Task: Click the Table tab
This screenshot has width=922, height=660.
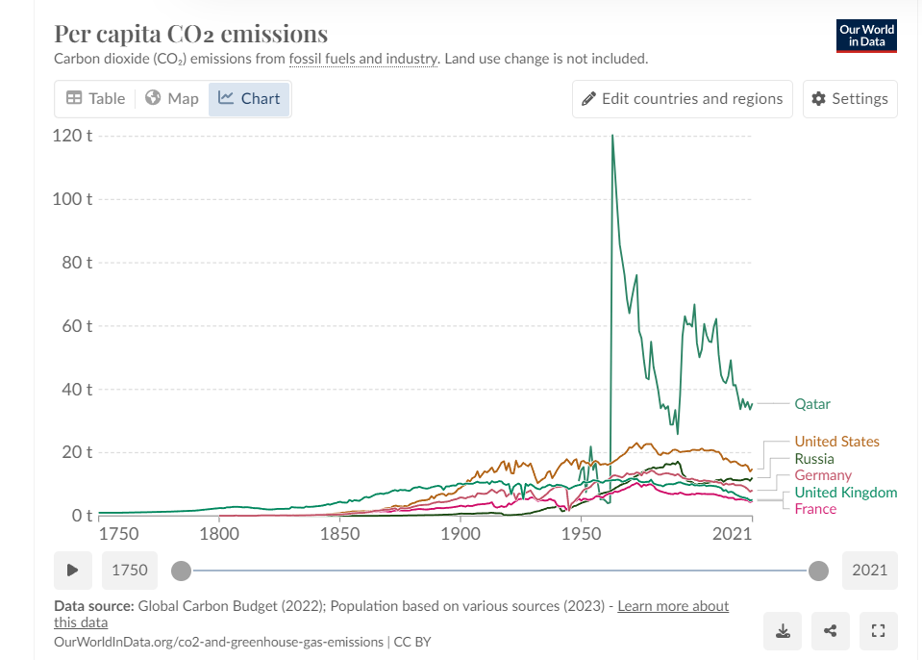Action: coord(95,98)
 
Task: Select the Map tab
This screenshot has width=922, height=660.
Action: coord(172,98)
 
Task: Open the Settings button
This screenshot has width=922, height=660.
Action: coord(850,98)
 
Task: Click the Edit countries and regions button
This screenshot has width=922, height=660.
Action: coord(682,98)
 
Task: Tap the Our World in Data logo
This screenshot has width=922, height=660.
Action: coord(866,36)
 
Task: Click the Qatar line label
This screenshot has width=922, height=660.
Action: coord(811,404)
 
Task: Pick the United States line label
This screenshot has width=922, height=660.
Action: coord(836,442)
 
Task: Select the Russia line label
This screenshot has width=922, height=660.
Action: coord(813,459)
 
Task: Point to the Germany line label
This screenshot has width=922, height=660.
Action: coord(823,475)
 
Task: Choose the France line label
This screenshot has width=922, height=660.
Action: coord(815,508)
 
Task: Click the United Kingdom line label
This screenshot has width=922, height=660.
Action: coord(845,493)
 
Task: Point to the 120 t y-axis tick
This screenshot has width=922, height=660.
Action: coord(72,136)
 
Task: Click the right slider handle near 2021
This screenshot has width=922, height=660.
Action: coord(818,571)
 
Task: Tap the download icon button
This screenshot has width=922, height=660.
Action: coord(784,631)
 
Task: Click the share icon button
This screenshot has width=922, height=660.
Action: coord(830,631)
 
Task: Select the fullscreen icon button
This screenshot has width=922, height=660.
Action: coord(876,631)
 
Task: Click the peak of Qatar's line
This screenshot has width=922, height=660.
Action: coord(612,136)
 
